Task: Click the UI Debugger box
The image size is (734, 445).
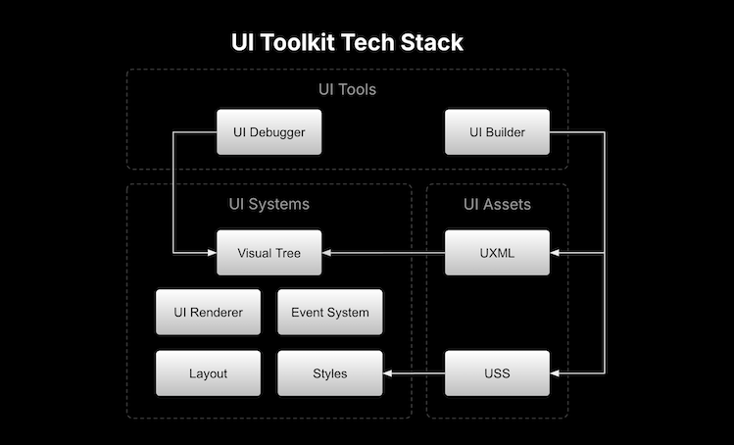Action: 269,132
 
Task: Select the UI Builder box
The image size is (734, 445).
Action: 497,132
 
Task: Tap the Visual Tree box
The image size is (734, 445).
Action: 269,253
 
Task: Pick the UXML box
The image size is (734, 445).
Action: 497,253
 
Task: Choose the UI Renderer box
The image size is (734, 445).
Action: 208,313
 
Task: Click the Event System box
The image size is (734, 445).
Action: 329,313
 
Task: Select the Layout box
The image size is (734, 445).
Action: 208,373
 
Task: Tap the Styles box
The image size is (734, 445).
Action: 329,373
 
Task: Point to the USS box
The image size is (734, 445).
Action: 497,373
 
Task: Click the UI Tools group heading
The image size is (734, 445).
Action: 347,90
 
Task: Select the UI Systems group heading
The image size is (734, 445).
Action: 269,204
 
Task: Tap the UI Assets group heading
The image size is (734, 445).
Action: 497,204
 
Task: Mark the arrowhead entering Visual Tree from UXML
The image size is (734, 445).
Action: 327,253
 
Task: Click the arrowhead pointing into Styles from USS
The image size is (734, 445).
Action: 388,373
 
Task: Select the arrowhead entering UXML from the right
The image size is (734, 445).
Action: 556,253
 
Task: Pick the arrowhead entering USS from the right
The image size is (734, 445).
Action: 556,373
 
